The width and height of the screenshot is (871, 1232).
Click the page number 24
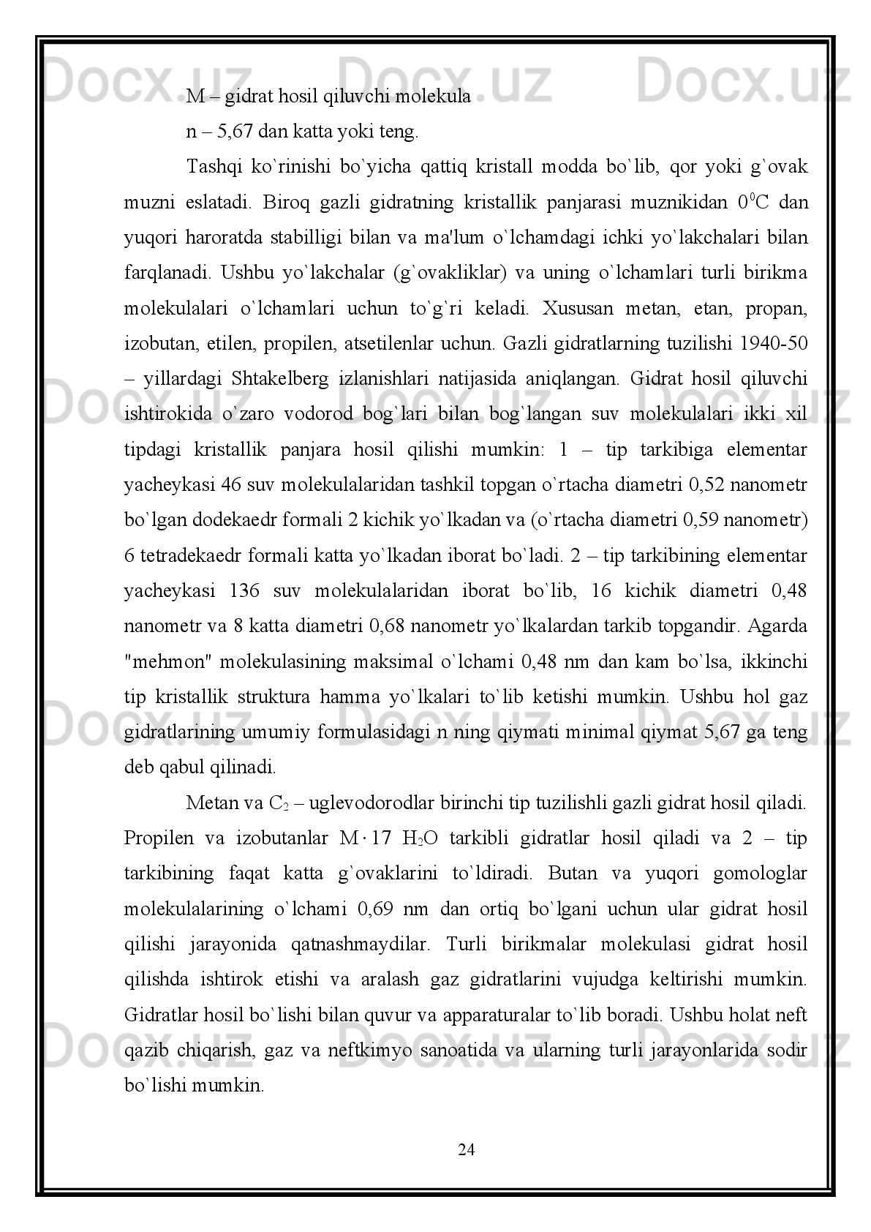pyautogui.click(x=466, y=1150)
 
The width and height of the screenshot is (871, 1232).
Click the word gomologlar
pyautogui.click(x=766, y=874)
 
